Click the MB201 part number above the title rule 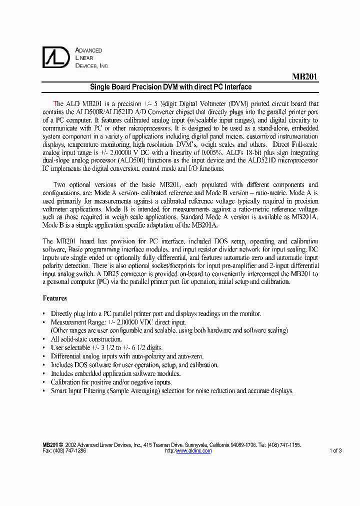304,77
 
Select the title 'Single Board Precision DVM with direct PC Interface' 170,87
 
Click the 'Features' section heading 55,298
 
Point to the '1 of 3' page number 335,450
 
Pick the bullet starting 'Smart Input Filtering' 172,391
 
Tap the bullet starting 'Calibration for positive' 111,382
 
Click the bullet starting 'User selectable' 106,347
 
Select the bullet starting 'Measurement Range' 118,322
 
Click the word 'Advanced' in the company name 88,50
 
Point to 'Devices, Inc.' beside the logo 91,66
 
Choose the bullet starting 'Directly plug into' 156,313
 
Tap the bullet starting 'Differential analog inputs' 127,356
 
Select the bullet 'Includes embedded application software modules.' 115,373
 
